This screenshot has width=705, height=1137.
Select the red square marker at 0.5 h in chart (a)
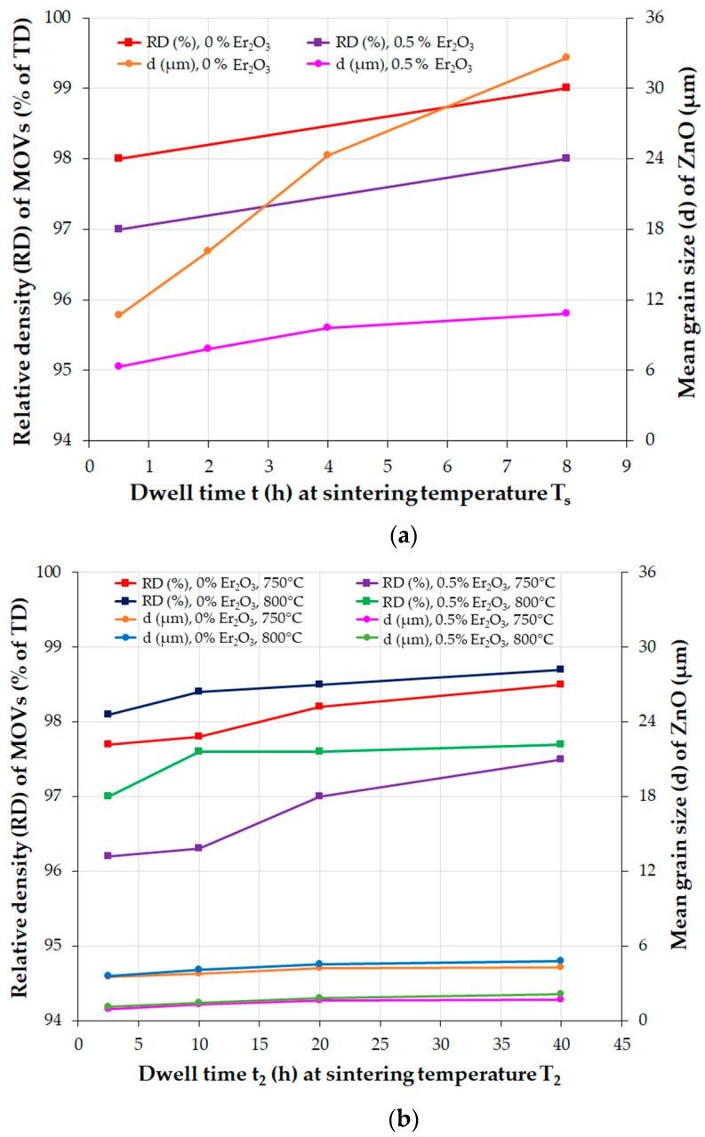(118, 158)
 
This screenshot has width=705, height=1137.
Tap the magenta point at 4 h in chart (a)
(327, 327)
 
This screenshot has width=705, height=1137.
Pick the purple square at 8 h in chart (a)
(566, 158)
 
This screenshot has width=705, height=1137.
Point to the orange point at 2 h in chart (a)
(208, 251)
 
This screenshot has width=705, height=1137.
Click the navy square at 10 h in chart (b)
(199, 692)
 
